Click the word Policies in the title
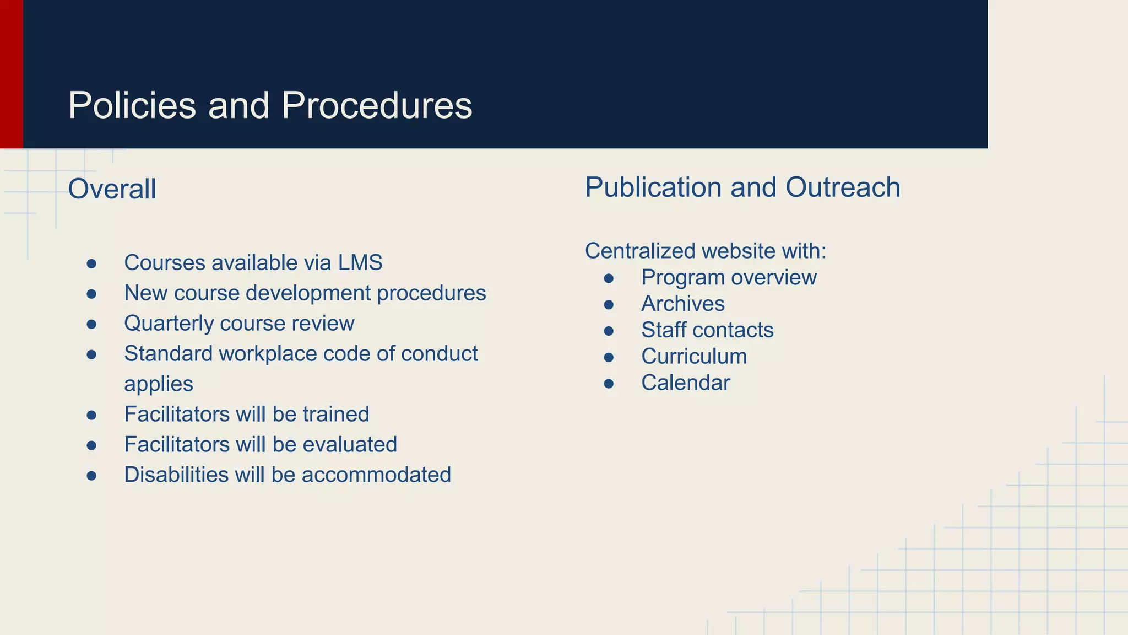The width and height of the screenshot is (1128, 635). (132, 105)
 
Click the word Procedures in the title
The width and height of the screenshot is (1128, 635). (377, 105)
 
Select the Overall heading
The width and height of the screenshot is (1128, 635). (112, 189)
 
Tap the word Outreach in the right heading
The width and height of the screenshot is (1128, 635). (843, 187)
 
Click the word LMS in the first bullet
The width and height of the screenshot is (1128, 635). (360, 263)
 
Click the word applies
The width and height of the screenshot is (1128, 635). (159, 384)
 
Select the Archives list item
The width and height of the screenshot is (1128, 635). (682, 304)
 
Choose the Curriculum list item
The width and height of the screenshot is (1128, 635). (694, 356)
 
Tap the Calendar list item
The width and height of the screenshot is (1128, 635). (685, 383)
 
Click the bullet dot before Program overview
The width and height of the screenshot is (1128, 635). (609, 278)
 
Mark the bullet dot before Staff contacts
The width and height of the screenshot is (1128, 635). (609, 331)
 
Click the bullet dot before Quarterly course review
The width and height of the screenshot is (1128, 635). (91, 324)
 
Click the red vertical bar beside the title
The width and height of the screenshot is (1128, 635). (11, 74)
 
